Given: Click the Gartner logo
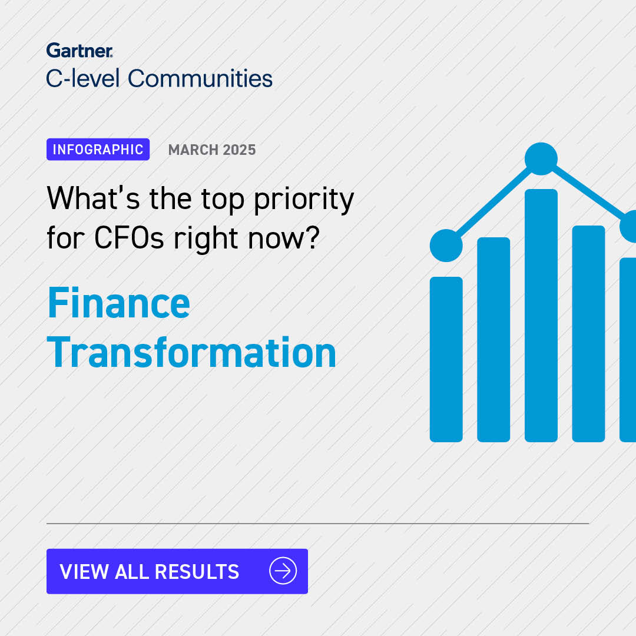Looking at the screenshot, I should click(79, 51).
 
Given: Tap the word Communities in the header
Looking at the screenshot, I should click(200, 78).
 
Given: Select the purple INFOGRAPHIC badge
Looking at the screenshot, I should click(98, 150).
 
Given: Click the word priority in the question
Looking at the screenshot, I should click(304, 200).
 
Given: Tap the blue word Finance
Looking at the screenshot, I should click(118, 303).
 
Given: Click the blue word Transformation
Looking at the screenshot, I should click(191, 353).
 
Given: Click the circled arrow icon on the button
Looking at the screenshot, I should click(283, 571).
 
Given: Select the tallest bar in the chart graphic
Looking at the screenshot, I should click(541, 315).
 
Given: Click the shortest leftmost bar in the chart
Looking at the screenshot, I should click(446, 359).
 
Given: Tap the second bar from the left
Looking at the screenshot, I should click(493, 339).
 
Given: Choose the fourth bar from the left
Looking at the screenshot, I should click(588, 333).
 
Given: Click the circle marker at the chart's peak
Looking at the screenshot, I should click(541, 158).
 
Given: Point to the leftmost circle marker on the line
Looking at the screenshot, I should click(446, 246).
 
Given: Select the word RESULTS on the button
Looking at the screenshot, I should click(197, 571).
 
